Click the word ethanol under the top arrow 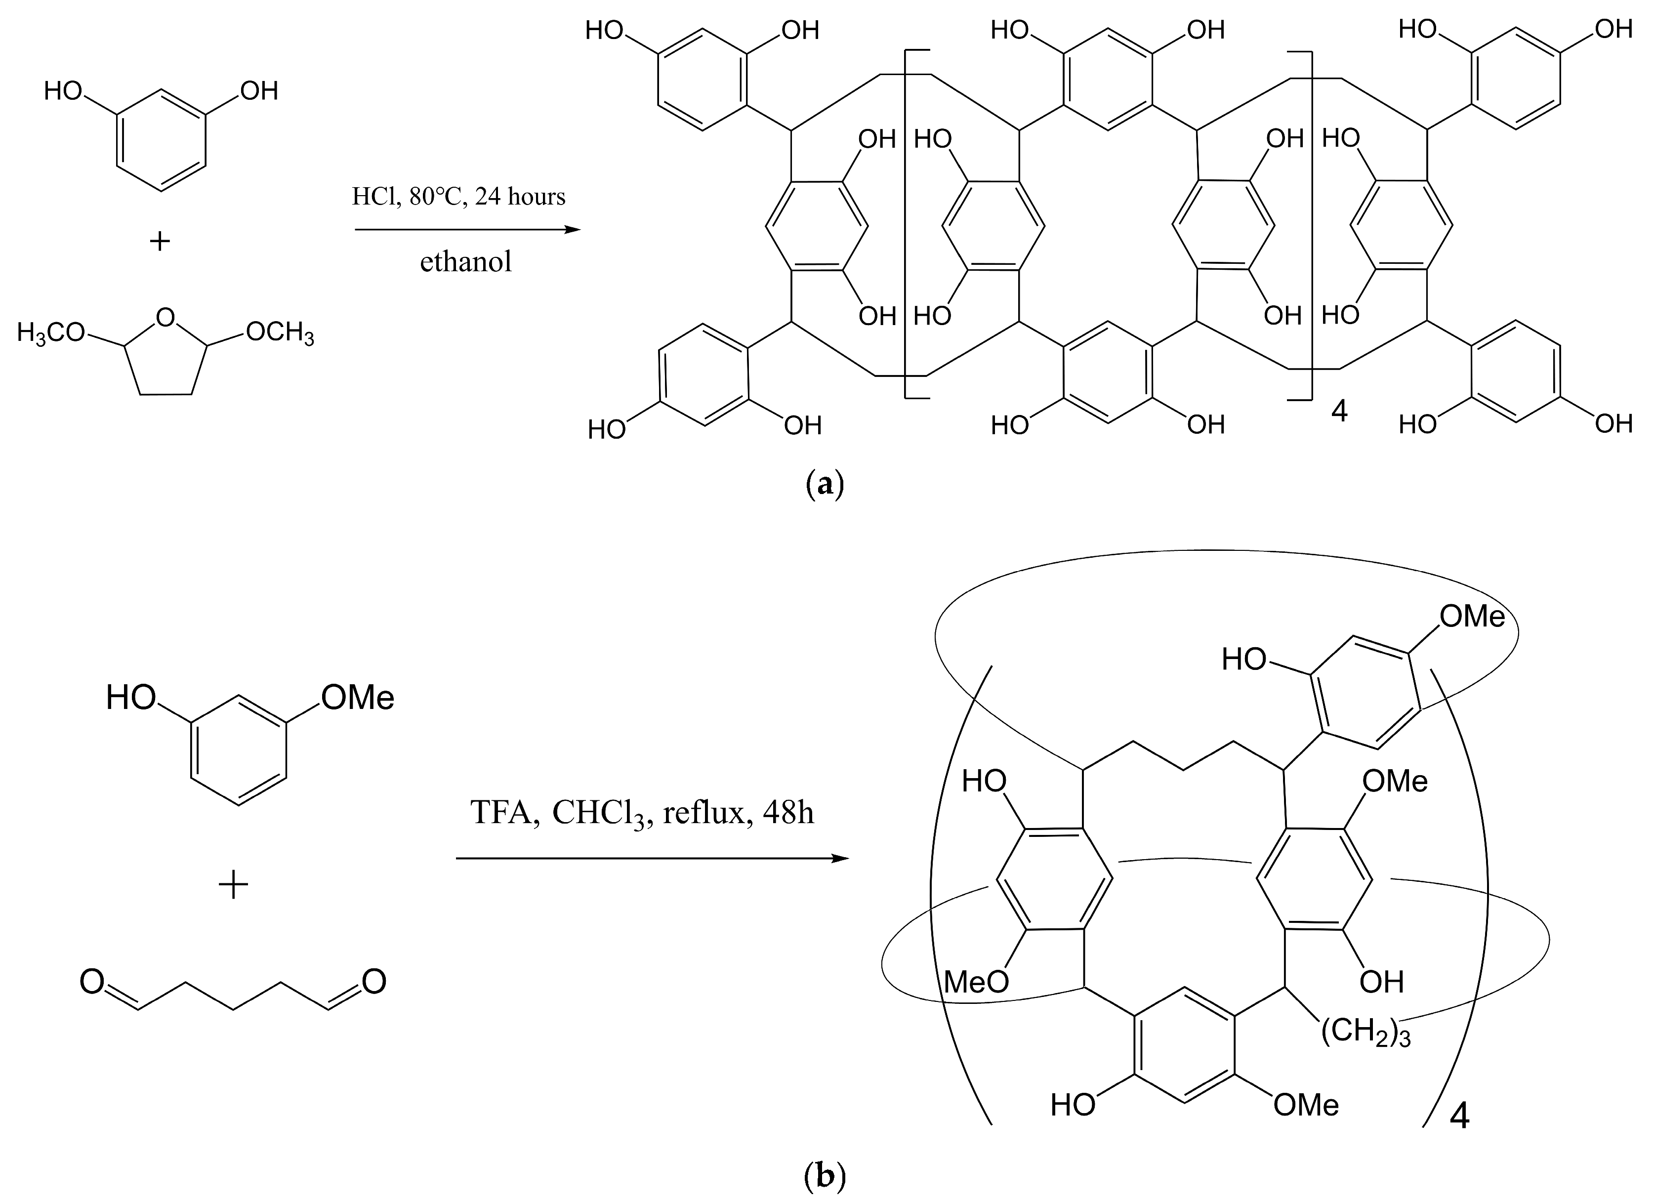[x=465, y=262]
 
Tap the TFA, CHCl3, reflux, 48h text [x=642, y=812]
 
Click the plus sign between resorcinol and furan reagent [x=160, y=241]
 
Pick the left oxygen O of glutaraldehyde [x=92, y=982]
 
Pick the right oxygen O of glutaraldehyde [x=373, y=982]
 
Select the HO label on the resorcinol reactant [x=64, y=91]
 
